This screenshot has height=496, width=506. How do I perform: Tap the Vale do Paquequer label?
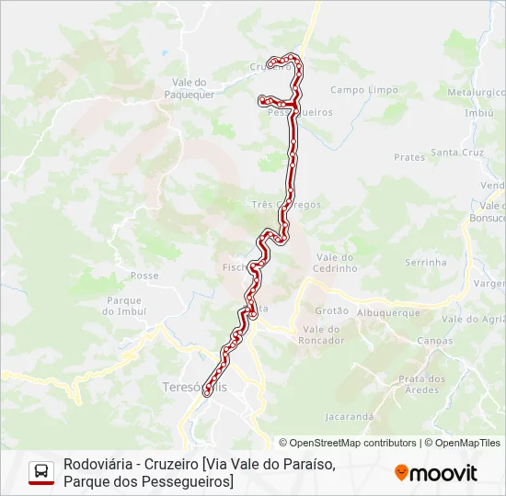tap(190, 87)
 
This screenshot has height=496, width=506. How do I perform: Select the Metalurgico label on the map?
tap(476, 93)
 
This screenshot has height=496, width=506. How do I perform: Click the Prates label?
tap(409, 157)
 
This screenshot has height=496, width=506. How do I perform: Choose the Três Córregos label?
tap(285, 205)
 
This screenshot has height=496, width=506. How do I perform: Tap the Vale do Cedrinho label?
tap(335, 263)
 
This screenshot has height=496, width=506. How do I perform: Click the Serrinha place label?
tap(425, 262)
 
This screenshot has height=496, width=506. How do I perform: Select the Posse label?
tap(144, 276)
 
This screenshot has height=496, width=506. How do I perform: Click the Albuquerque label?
tap(387, 312)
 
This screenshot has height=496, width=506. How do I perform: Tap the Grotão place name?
tap(331, 310)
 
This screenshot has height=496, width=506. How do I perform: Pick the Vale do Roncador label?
tap(322, 333)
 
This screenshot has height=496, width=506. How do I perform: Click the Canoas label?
tap(434, 341)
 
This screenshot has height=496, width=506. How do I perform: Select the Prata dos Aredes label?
tap(421, 384)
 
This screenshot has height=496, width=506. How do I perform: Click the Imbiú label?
tap(479, 113)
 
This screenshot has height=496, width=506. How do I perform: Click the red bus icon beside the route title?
tap(41, 473)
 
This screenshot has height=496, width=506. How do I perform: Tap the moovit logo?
tap(436, 473)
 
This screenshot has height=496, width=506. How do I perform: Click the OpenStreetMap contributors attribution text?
tap(348, 443)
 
